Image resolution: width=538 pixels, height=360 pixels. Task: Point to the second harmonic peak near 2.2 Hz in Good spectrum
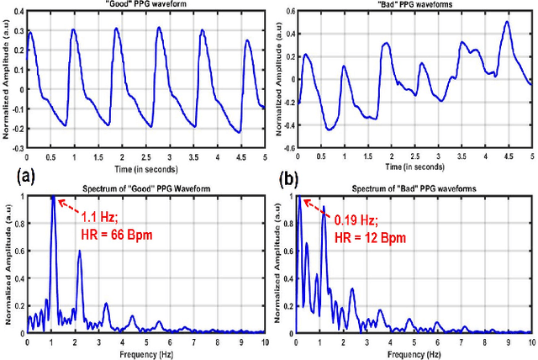80,251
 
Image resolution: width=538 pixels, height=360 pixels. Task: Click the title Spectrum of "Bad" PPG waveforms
414,187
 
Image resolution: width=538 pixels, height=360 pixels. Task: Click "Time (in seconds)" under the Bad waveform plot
414,166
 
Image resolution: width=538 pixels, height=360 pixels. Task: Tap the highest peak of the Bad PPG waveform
507,22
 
